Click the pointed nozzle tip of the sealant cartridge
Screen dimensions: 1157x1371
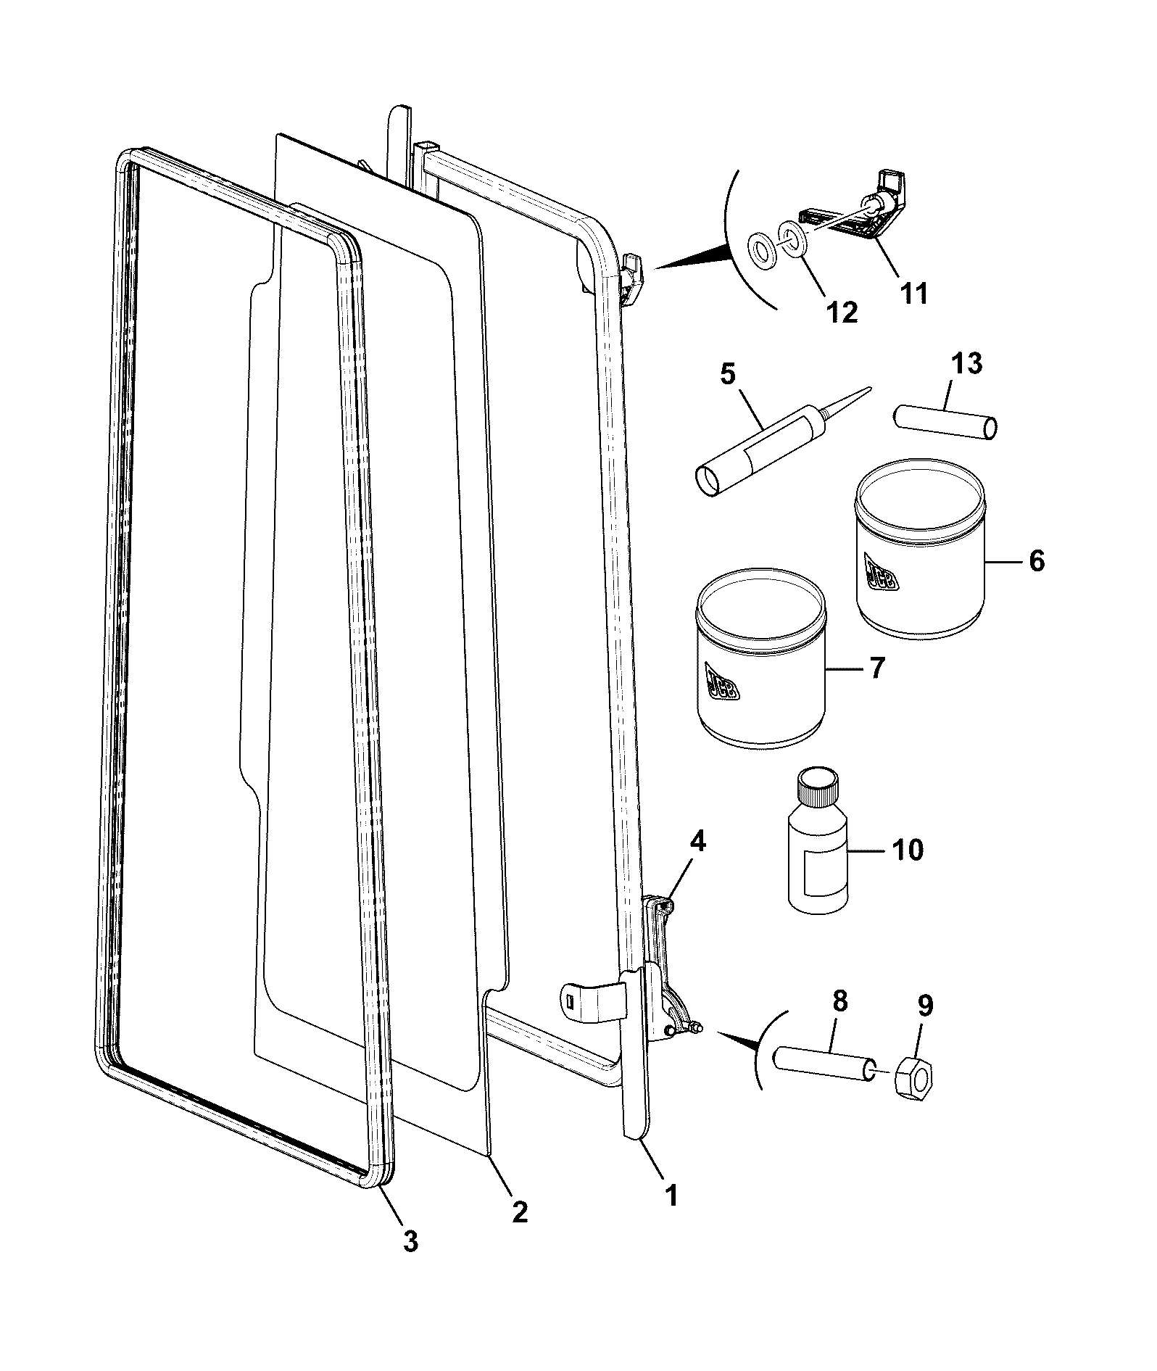[868, 389]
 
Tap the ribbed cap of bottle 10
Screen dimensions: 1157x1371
[817, 787]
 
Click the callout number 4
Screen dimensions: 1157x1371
[697, 841]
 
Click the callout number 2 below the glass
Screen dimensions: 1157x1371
[520, 1211]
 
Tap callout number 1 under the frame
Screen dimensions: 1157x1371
[671, 1195]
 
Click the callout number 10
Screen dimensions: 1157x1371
[908, 849]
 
